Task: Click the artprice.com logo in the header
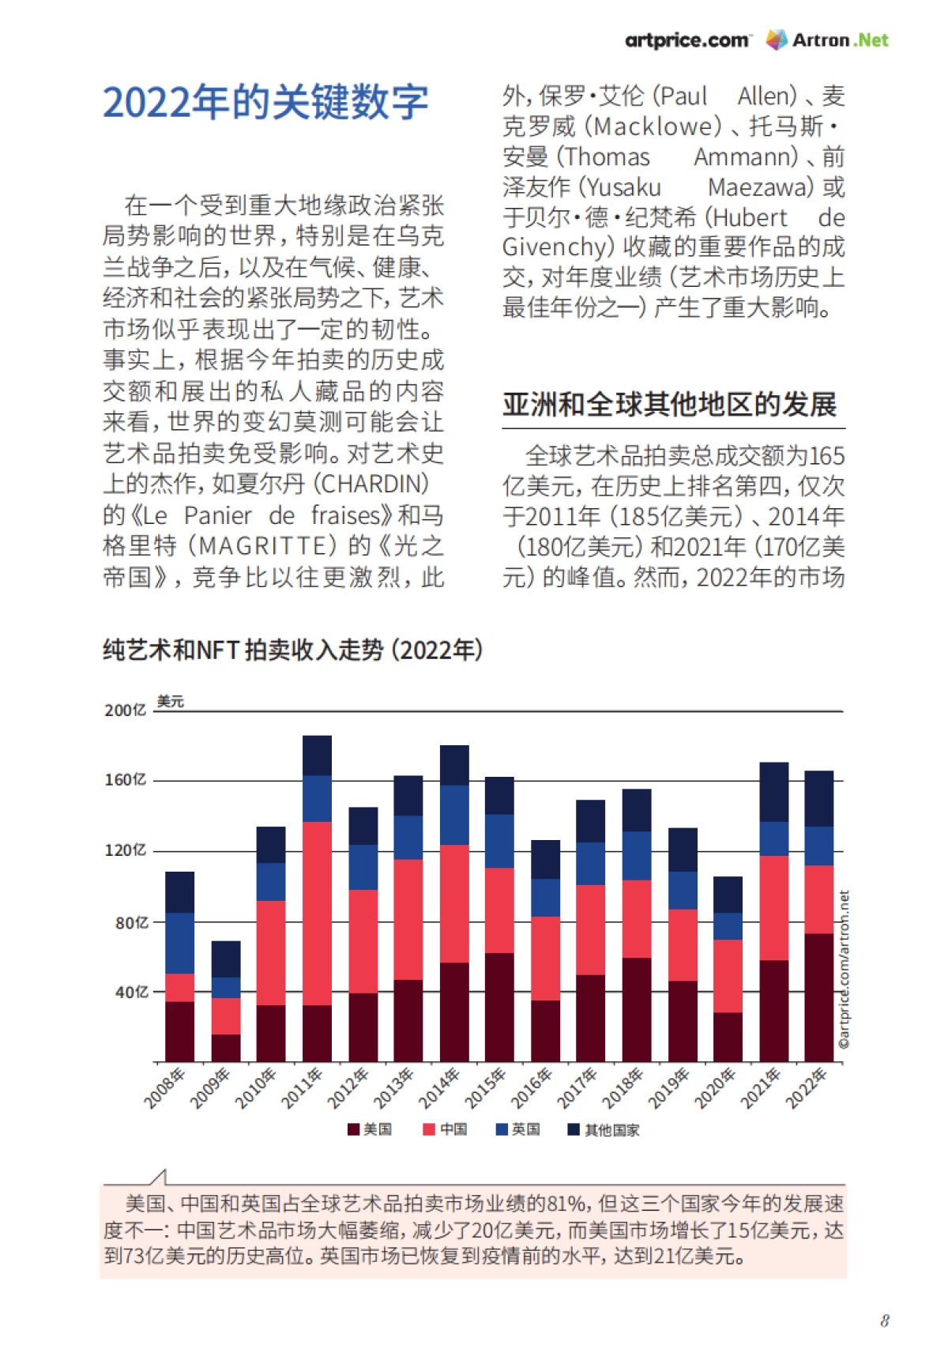coord(687,40)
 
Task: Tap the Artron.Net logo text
coord(840,40)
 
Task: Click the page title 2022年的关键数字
coord(265,102)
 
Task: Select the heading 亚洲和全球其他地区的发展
coord(669,405)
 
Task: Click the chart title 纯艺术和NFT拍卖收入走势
coord(292,650)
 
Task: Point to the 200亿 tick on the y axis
coord(126,710)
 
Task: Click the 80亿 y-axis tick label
coord(131,923)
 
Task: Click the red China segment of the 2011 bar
coord(317,913)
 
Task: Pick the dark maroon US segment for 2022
coord(819,997)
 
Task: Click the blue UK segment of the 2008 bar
coord(179,943)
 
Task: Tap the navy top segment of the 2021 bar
coord(774,792)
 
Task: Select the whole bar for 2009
coord(226,1000)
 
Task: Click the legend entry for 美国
coord(370,1129)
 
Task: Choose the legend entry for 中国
coord(446,1129)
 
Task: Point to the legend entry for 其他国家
coord(604,1130)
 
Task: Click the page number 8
coord(885,1321)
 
